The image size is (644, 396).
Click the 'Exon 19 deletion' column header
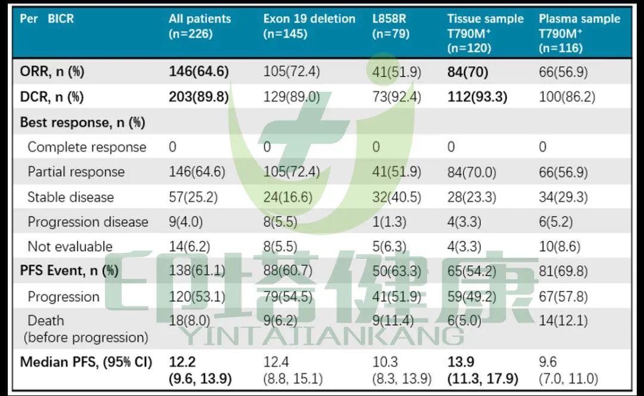(x=309, y=26)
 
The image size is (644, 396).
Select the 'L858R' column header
(x=391, y=26)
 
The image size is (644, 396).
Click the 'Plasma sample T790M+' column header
(x=579, y=33)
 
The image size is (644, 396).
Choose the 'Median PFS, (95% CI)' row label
(x=86, y=362)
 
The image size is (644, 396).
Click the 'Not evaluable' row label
(x=70, y=247)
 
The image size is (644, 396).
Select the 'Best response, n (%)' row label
(x=82, y=123)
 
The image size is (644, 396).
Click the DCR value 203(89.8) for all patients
(x=199, y=97)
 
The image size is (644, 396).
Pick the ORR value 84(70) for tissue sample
(x=467, y=73)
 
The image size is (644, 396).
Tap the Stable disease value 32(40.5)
(x=396, y=197)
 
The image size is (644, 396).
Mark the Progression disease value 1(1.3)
(x=389, y=222)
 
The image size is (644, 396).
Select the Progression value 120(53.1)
(x=197, y=297)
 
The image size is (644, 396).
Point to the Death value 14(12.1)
(x=563, y=321)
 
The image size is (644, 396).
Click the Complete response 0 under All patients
(x=172, y=147)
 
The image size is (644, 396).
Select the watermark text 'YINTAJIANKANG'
(x=321, y=336)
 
